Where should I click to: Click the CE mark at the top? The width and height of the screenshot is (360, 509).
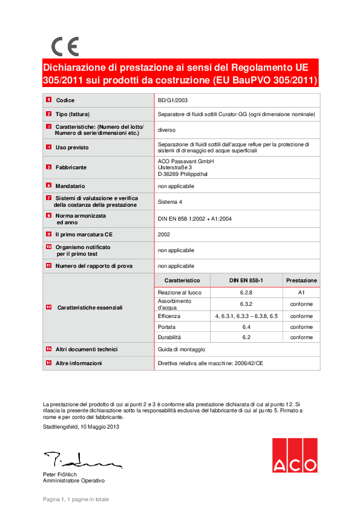click(x=65, y=47)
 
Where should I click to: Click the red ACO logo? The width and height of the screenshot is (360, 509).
click(x=294, y=455)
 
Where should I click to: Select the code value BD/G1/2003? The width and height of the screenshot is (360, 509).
click(x=173, y=100)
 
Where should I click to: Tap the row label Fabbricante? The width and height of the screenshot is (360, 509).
click(x=71, y=167)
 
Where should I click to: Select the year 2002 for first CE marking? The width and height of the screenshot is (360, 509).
click(x=164, y=234)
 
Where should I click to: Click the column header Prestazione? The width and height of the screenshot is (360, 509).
click(x=301, y=280)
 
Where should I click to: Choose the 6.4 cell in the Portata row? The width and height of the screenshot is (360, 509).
click(x=246, y=327)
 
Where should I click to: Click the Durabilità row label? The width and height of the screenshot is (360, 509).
click(x=169, y=337)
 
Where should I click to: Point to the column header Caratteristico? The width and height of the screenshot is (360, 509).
click(x=182, y=280)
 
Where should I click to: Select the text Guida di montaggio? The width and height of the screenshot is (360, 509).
click(x=182, y=350)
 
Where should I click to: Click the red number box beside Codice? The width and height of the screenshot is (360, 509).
click(x=48, y=100)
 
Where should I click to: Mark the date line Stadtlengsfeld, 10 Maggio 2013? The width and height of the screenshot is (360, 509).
click(x=81, y=427)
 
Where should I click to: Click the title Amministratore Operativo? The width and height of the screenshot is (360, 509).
click(x=73, y=481)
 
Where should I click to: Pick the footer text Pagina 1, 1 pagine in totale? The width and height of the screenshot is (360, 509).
click(x=76, y=499)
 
